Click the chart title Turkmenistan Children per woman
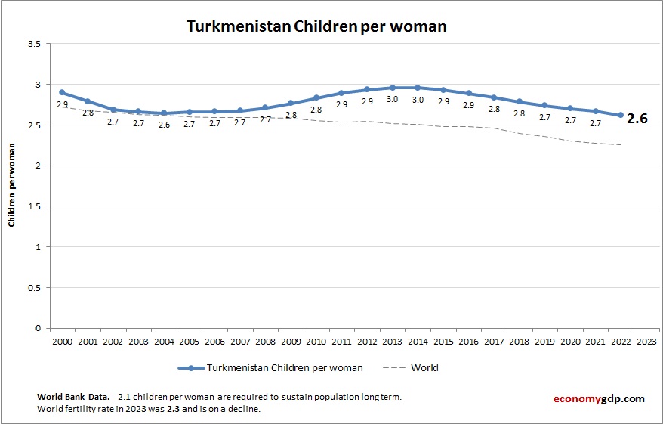[x=316, y=26]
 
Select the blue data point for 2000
[x=62, y=92]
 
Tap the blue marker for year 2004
[x=164, y=113]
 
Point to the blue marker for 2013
[x=393, y=88]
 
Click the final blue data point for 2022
[x=621, y=115]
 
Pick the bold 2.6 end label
[x=637, y=119]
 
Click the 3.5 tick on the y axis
[x=33, y=44]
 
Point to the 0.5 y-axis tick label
[x=33, y=287]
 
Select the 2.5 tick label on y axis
[x=33, y=125]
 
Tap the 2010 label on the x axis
[x=316, y=341]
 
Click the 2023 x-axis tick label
[x=646, y=341]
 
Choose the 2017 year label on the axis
[x=494, y=341]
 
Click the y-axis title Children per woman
[x=12, y=186]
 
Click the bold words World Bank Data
[x=72, y=397]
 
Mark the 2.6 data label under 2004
[x=164, y=125]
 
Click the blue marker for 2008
[x=265, y=107]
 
